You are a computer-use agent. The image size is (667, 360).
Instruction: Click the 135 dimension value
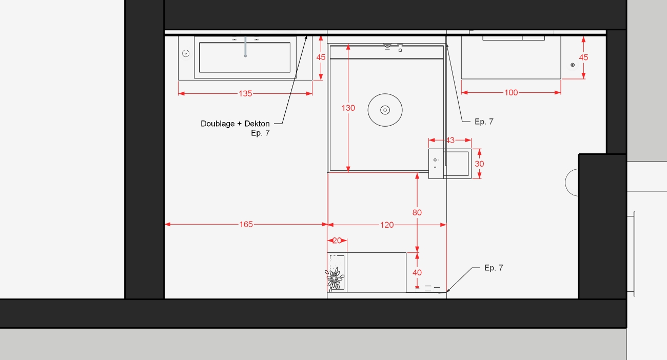pyautogui.click(x=245, y=94)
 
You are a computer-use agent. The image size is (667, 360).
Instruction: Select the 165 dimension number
pyautogui.click(x=246, y=224)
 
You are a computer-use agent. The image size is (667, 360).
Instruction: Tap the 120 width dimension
pyautogui.click(x=387, y=225)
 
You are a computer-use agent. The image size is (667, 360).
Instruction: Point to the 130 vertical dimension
pyautogui.click(x=348, y=108)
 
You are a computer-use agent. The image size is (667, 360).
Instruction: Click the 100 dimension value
pyautogui.click(x=511, y=92)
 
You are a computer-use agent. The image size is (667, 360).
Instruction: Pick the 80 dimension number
pyautogui.click(x=417, y=212)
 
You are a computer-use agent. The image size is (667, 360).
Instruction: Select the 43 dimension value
pyautogui.click(x=450, y=140)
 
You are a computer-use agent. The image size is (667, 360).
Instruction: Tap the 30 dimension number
pyautogui.click(x=479, y=164)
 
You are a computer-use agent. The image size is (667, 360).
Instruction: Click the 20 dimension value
pyautogui.click(x=337, y=241)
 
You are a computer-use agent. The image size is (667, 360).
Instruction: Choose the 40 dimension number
pyautogui.click(x=417, y=272)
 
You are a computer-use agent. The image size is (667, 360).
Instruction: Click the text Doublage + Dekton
pyautogui.click(x=235, y=124)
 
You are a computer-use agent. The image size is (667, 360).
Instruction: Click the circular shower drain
pyautogui.click(x=385, y=110)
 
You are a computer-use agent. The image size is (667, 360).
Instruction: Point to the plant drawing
pyautogui.click(x=335, y=279)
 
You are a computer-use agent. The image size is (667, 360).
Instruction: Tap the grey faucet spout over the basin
pyautogui.click(x=245, y=47)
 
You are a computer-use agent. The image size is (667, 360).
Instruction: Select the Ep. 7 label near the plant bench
pyautogui.click(x=494, y=268)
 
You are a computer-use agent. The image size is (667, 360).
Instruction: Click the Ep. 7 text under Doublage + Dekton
pyautogui.click(x=260, y=133)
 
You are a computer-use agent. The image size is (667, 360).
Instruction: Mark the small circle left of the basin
pyautogui.click(x=186, y=53)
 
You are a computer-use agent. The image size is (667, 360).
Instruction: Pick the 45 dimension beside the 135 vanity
pyautogui.click(x=321, y=57)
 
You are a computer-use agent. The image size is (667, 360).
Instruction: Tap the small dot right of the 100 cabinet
pyautogui.click(x=573, y=65)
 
